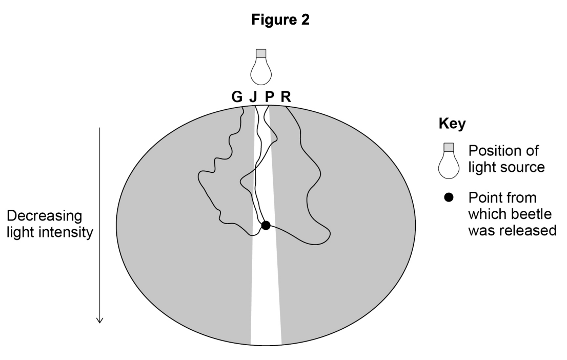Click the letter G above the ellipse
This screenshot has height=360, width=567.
pos(237,97)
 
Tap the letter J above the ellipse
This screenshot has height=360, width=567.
pos(253,97)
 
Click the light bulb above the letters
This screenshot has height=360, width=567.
pos(261,69)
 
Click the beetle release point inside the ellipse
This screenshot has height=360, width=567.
pos(266,225)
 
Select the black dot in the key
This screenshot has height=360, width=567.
pos(449,198)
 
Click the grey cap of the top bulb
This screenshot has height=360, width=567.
pos(261,53)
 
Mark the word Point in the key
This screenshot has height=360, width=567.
pos(487,198)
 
